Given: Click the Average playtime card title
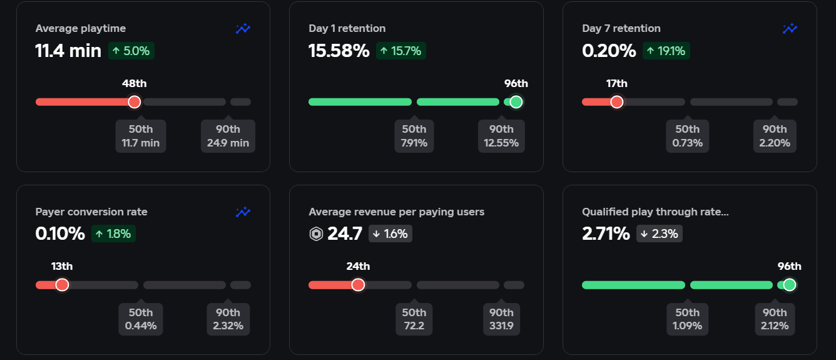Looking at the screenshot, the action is pos(81,28).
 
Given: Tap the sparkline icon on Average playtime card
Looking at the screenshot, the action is pos(243,28).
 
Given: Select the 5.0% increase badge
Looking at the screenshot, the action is pos(131,51).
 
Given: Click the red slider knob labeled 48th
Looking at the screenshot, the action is pos(135,102).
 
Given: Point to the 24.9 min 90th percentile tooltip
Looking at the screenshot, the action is pos(228,136).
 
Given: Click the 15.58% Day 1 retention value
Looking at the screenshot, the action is pos(339,51).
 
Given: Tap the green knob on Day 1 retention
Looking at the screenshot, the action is pos(516,102).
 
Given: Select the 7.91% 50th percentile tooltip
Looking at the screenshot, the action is pos(414,136).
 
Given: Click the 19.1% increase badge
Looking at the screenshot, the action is pos(666,51).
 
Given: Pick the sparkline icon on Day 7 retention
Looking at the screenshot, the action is pos(790,28).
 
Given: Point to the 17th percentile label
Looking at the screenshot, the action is pos(616,83).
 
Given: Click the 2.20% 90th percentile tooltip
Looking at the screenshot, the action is pos(775,136).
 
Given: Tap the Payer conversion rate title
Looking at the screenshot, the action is pos(91,212).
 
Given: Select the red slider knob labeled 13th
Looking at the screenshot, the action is pos(62,285).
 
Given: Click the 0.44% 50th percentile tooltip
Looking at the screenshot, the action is pos(141,319).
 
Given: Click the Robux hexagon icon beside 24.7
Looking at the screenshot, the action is pos(316,234).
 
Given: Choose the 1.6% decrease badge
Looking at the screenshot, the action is pos(390,234).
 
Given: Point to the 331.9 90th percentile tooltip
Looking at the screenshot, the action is pos(502,319).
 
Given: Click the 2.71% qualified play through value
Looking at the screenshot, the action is pos(606,234).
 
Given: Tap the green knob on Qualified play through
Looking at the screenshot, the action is pos(789,285).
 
